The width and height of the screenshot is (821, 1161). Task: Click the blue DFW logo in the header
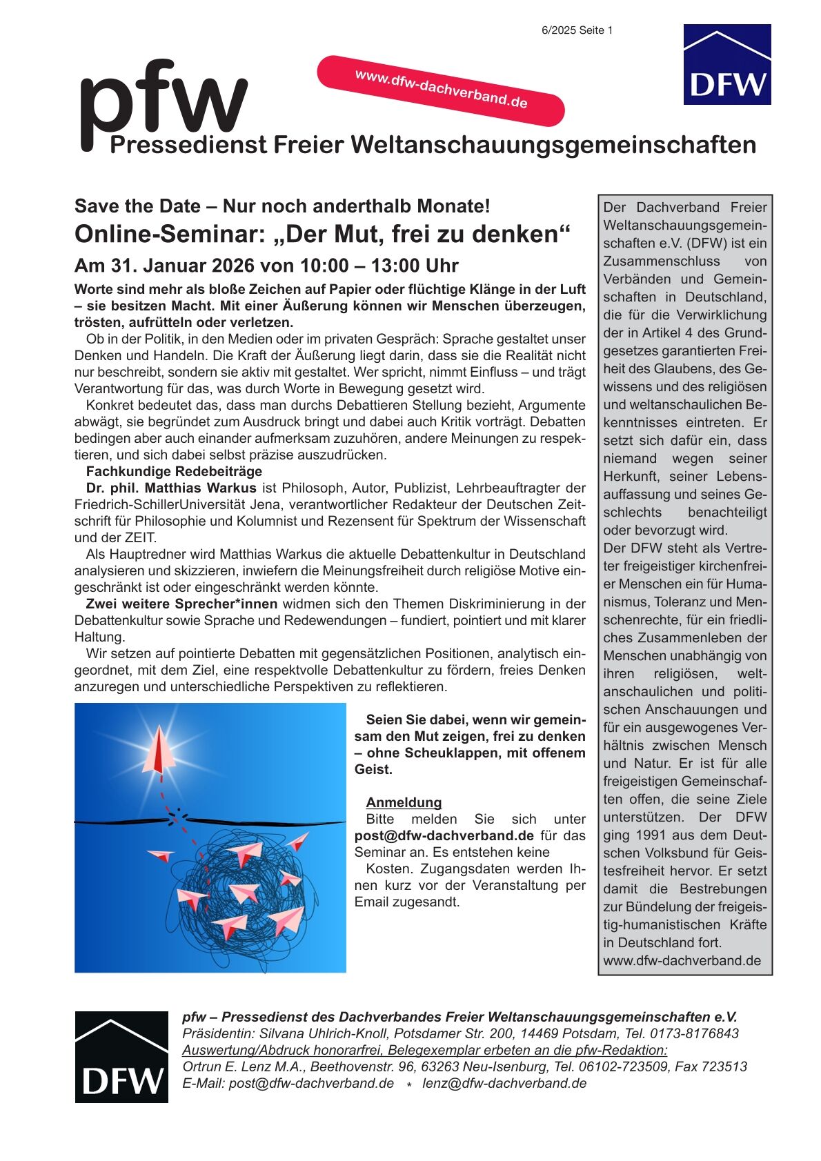[x=726, y=65]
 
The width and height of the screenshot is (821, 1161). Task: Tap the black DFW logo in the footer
[x=121, y=1056]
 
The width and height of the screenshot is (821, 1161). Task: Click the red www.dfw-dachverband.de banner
[x=441, y=90]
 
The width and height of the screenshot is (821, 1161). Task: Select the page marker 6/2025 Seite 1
[x=577, y=30]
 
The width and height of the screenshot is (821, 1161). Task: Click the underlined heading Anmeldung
[x=404, y=802]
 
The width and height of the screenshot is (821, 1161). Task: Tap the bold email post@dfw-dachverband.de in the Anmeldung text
[x=444, y=835]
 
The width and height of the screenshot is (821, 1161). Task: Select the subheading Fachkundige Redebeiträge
[x=174, y=471]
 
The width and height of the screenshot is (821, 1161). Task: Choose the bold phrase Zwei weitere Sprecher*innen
[x=181, y=604]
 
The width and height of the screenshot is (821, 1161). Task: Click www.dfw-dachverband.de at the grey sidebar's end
[x=682, y=960]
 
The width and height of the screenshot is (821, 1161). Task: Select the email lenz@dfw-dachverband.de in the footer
[x=504, y=1083]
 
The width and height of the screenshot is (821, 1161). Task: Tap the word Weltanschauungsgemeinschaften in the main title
[x=553, y=145]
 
